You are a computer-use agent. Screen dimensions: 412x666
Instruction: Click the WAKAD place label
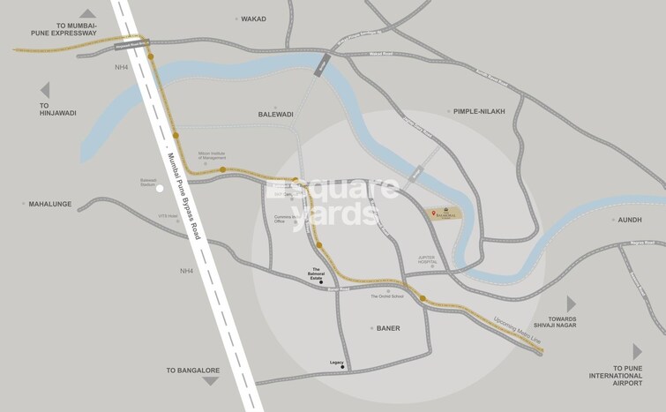[253, 19]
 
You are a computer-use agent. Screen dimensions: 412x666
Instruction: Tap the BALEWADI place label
[274, 115]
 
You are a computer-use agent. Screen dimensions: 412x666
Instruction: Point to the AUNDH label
[629, 220]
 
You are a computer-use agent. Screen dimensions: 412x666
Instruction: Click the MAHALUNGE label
[49, 203]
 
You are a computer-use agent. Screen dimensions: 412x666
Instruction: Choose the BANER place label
[388, 328]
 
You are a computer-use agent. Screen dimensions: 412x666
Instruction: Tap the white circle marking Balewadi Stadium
[160, 188]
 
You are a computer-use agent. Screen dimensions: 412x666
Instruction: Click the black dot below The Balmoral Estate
[321, 282]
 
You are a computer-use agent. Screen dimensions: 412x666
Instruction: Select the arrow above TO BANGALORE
[210, 381]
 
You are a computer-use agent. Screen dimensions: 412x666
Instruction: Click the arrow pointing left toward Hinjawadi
[45, 89]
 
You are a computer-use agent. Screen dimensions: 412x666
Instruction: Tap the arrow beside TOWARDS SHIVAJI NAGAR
[571, 303]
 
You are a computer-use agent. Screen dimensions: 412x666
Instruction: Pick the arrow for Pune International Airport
[637, 352]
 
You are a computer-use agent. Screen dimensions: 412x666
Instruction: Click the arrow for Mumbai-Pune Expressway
[87, 13]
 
